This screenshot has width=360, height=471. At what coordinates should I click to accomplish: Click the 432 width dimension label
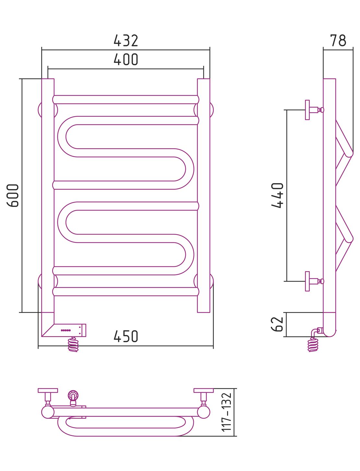coord(126,41)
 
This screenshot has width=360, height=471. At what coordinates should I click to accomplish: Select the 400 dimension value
coord(126,60)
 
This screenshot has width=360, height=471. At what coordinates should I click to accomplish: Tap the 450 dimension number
coord(126,337)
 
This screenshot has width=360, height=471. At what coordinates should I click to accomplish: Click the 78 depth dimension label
coord(338,41)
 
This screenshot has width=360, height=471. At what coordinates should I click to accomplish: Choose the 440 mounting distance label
coord(278,195)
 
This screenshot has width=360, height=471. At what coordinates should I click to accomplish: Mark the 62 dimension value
coord(277,324)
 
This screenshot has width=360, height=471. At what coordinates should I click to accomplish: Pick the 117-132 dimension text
coord(227,412)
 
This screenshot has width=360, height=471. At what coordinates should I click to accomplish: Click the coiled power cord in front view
coord(73,345)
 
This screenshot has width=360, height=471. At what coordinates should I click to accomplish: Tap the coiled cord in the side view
coord(313,345)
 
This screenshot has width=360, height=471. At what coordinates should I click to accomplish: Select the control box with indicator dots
coord(70,330)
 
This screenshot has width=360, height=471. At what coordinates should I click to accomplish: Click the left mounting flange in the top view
coord(48,391)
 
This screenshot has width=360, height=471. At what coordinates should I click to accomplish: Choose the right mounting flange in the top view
coord(204,391)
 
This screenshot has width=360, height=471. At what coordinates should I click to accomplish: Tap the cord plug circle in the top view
coord(73,395)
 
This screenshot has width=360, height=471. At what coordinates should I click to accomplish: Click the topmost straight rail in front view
coord(126,100)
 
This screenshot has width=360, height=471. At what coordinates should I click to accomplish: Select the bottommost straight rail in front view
coord(126,291)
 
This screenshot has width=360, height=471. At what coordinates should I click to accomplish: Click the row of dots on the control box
coord(66,330)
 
